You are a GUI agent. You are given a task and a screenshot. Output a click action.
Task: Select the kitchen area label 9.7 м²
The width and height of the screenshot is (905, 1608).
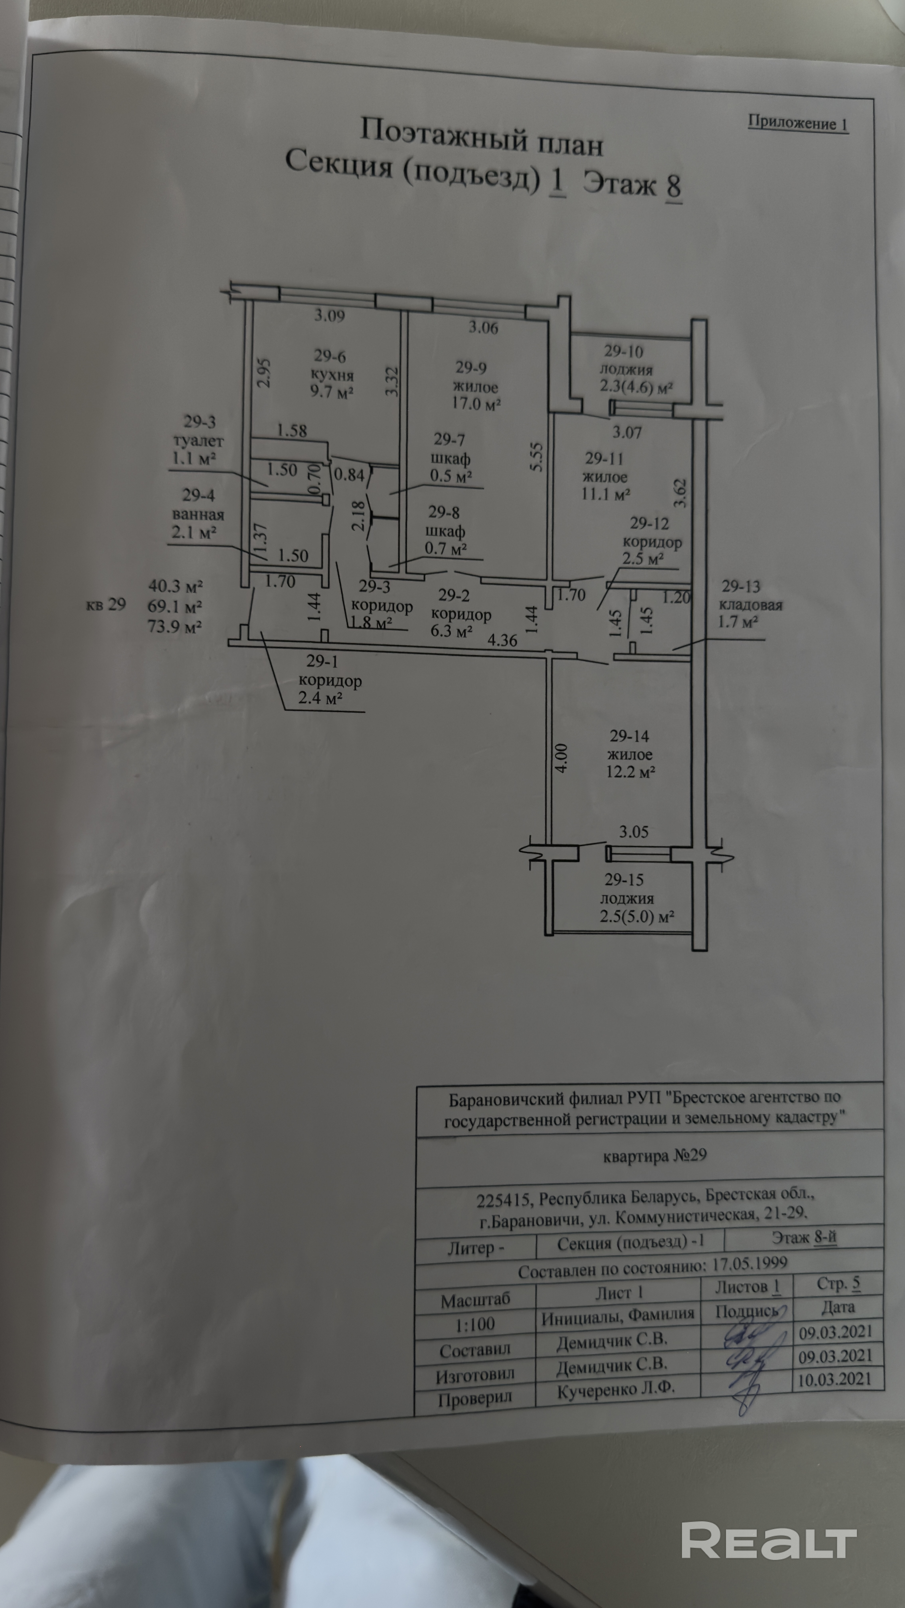[x=332, y=393]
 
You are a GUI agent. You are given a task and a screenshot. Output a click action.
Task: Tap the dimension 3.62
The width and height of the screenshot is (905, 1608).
[x=680, y=493]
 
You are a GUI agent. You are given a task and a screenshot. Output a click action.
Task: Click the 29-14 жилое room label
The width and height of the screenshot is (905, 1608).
[x=629, y=745]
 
